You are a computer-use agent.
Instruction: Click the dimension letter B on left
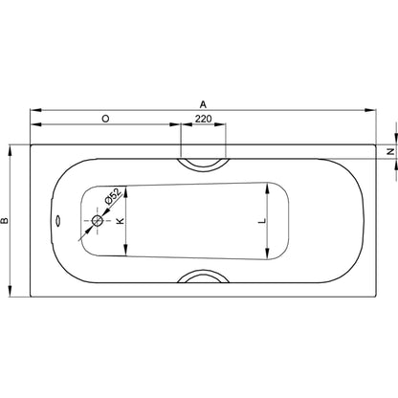pos(6,221)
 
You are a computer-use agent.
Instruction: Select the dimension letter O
pos(103,118)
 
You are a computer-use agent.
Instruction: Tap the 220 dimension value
pos(203,118)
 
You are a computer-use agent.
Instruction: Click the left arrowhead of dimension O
pos(34,126)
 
